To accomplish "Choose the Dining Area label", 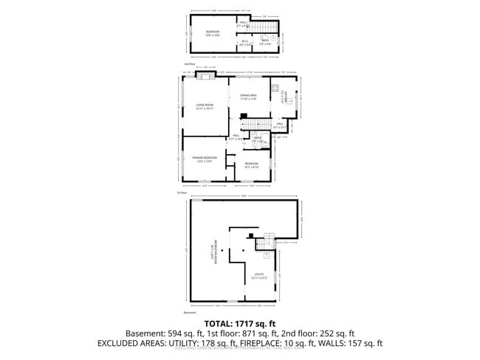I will (x=248, y=96).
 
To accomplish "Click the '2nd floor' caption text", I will (x=188, y=64).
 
